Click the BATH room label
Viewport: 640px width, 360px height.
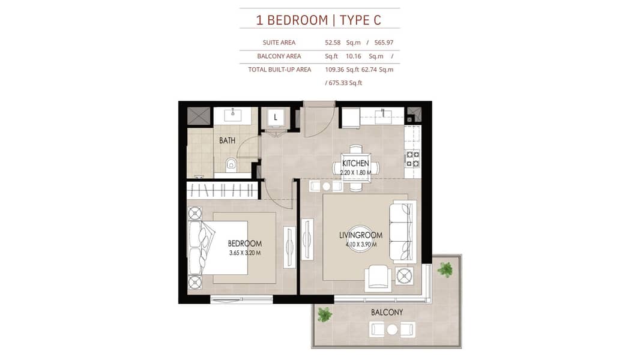(227, 140)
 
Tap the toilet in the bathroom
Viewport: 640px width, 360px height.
(231, 164)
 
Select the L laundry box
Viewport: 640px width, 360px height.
(276, 118)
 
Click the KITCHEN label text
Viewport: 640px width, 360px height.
(355, 163)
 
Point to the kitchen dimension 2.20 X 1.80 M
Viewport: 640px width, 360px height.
(355, 172)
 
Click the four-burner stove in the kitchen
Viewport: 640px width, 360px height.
(412, 158)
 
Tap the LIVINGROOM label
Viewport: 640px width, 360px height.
(361, 235)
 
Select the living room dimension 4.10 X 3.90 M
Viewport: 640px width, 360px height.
(361, 245)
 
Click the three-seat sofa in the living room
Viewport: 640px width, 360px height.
(403, 231)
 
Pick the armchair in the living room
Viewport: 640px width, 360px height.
(378, 278)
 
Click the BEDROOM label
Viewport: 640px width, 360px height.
(245, 244)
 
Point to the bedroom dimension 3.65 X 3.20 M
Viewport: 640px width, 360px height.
(245, 253)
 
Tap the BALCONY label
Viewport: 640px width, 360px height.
(387, 312)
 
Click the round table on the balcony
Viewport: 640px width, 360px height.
(392, 329)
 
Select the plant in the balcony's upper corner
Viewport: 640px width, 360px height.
(445, 269)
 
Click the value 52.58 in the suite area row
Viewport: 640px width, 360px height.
(333, 43)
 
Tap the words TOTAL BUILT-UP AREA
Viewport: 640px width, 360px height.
(280, 70)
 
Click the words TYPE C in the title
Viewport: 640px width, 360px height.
(360, 20)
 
